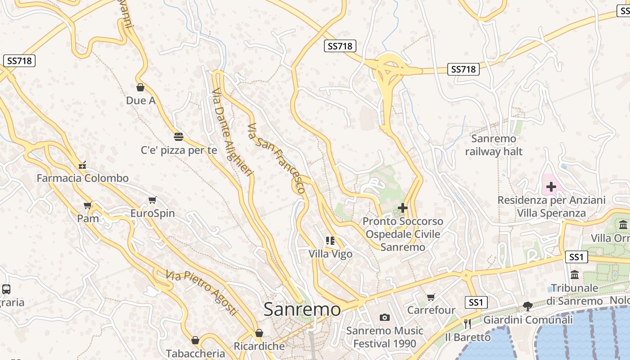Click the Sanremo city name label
[302, 309]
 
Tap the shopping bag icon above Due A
[140, 87]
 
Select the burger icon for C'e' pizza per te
[179, 136]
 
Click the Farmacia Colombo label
[82, 178]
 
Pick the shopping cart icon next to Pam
[88, 205]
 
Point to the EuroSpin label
[153, 213]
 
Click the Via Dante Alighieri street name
[233, 135]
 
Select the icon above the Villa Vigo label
[330, 241]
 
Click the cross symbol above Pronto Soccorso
[403, 208]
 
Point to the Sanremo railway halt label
[494, 145]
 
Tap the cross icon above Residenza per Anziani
[551, 186]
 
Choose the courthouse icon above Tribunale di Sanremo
[575, 274]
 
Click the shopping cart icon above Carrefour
[431, 297]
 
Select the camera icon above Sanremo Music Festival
[384, 318]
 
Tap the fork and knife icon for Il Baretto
[468, 323]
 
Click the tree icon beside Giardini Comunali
[528, 306]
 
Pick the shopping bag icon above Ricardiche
[259, 333]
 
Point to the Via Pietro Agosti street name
[201, 292]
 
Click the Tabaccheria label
[195, 353]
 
